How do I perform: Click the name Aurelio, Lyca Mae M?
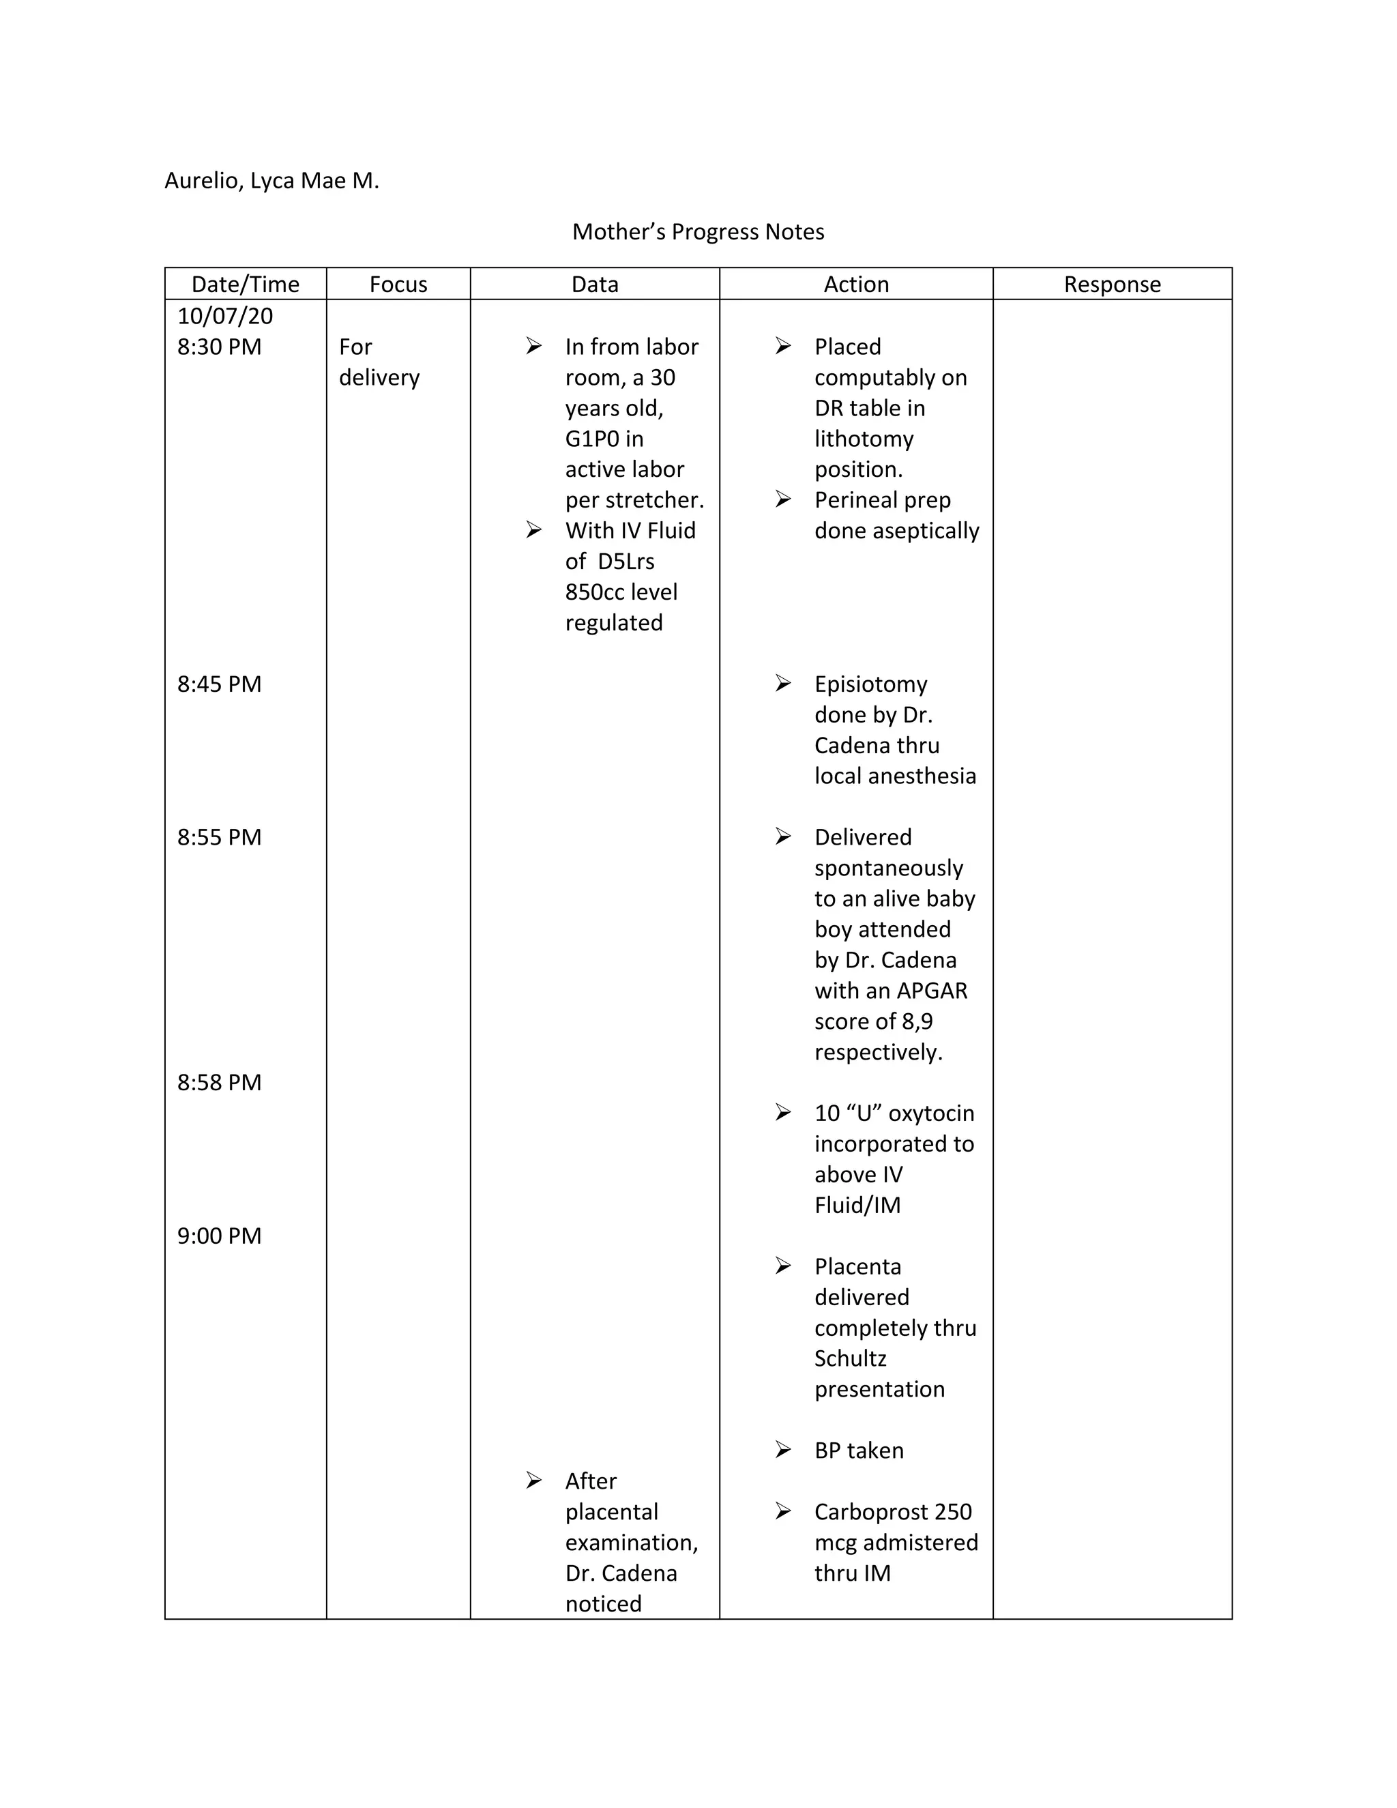(271, 181)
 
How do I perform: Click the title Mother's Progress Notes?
(698, 232)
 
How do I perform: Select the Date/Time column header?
(245, 284)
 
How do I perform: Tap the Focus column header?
(398, 284)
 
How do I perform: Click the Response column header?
(1111, 284)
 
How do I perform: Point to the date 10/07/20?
(225, 315)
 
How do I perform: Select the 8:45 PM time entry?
(220, 684)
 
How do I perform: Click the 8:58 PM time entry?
(220, 1082)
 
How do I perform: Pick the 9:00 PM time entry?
(220, 1235)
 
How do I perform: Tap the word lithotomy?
(864, 439)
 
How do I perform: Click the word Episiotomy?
(870, 684)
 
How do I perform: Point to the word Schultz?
(850, 1358)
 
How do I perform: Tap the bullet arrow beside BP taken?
(783, 1450)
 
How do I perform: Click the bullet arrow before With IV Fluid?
(534, 530)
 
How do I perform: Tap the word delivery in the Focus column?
(379, 377)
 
